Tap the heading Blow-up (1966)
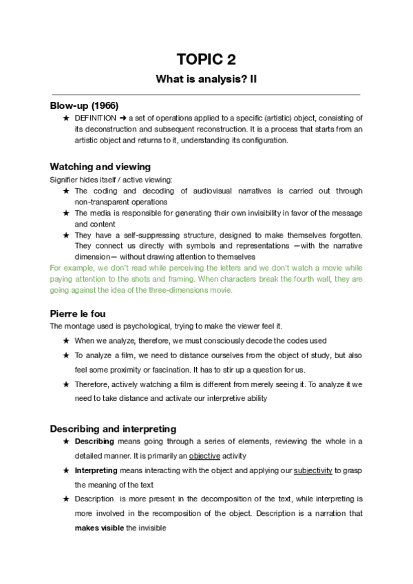click(x=84, y=106)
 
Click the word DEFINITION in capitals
click(x=96, y=118)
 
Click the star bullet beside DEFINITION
click(x=66, y=118)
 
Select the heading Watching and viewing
click(x=100, y=167)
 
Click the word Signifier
click(x=63, y=180)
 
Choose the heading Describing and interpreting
click(x=113, y=428)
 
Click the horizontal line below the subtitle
click(x=206, y=94)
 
